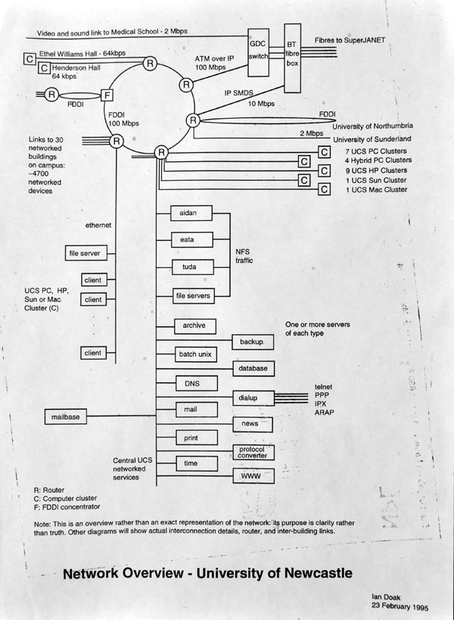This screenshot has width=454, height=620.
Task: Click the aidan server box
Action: pos(184,214)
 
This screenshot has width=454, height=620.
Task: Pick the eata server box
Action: pos(184,241)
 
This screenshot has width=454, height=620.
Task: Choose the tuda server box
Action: pos(184,268)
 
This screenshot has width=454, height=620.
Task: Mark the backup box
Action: pos(250,342)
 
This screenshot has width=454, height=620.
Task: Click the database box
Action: pos(250,368)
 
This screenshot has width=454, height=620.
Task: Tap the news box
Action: pos(250,423)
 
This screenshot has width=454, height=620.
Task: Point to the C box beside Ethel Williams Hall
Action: pos(29,58)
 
